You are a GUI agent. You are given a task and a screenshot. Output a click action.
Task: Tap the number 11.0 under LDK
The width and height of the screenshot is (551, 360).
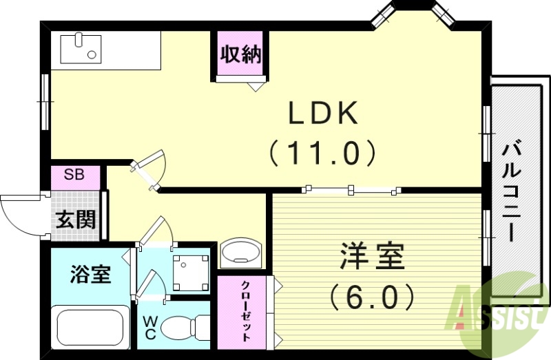click(322, 152)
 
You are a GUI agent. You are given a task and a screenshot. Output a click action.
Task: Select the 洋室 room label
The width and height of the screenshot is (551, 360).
click(373, 258)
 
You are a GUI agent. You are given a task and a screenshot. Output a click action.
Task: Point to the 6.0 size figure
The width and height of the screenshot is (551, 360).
click(372, 297)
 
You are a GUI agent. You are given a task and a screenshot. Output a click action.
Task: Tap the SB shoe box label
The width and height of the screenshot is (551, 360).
click(74, 174)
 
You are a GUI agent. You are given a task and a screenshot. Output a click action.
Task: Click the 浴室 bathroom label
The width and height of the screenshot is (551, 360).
click(90, 275)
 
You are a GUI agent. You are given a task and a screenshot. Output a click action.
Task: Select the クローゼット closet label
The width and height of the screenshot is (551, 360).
click(245, 312)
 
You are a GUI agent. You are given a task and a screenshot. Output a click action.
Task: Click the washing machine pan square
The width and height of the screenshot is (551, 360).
click(190, 272)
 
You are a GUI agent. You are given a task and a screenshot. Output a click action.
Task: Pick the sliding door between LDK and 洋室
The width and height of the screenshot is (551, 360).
click(352, 188)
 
